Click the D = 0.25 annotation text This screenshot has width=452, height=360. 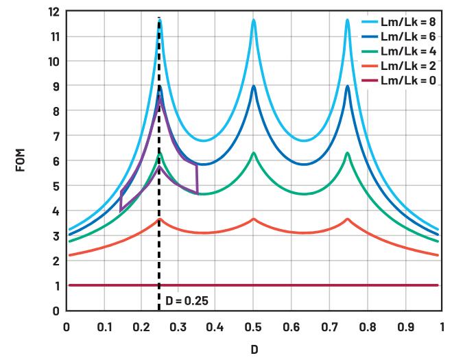[x=187, y=301]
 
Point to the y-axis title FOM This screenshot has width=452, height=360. [x=20, y=160]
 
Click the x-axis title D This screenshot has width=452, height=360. [x=254, y=350]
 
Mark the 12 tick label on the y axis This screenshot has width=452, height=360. [x=54, y=12]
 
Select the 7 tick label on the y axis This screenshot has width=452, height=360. [x=56, y=136]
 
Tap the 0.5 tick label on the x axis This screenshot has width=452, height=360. [x=253, y=327]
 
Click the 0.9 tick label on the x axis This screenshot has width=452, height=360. [x=405, y=327]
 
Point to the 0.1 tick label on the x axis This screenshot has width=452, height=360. [x=104, y=327]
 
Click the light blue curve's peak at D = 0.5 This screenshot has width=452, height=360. [x=254, y=20]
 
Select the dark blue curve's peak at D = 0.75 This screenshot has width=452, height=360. [x=348, y=86]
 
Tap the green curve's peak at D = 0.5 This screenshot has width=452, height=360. [x=254, y=152]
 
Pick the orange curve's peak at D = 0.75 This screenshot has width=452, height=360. [x=348, y=219]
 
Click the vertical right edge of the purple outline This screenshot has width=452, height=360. [x=197, y=179]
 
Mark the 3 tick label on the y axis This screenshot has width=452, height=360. [x=56, y=236]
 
